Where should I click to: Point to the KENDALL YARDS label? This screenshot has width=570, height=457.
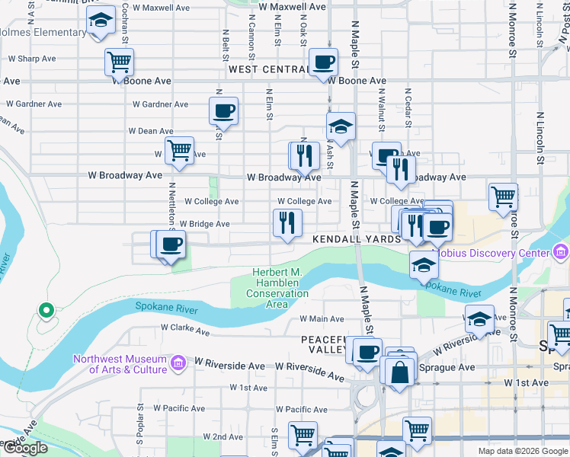tap(357, 239)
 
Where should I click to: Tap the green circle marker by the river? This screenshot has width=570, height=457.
tap(46, 310)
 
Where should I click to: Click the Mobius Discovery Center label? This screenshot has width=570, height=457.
tap(491, 252)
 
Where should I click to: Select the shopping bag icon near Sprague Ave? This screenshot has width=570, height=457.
tap(399, 372)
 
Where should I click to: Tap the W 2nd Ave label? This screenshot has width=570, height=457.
tap(223, 437)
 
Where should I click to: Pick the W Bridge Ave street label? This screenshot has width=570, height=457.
tap(204, 224)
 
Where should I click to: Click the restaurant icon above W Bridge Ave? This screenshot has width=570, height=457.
tap(287, 222)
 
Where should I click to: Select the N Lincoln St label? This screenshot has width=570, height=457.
tap(540, 137)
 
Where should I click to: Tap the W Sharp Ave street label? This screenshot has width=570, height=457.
tap(30, 58)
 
